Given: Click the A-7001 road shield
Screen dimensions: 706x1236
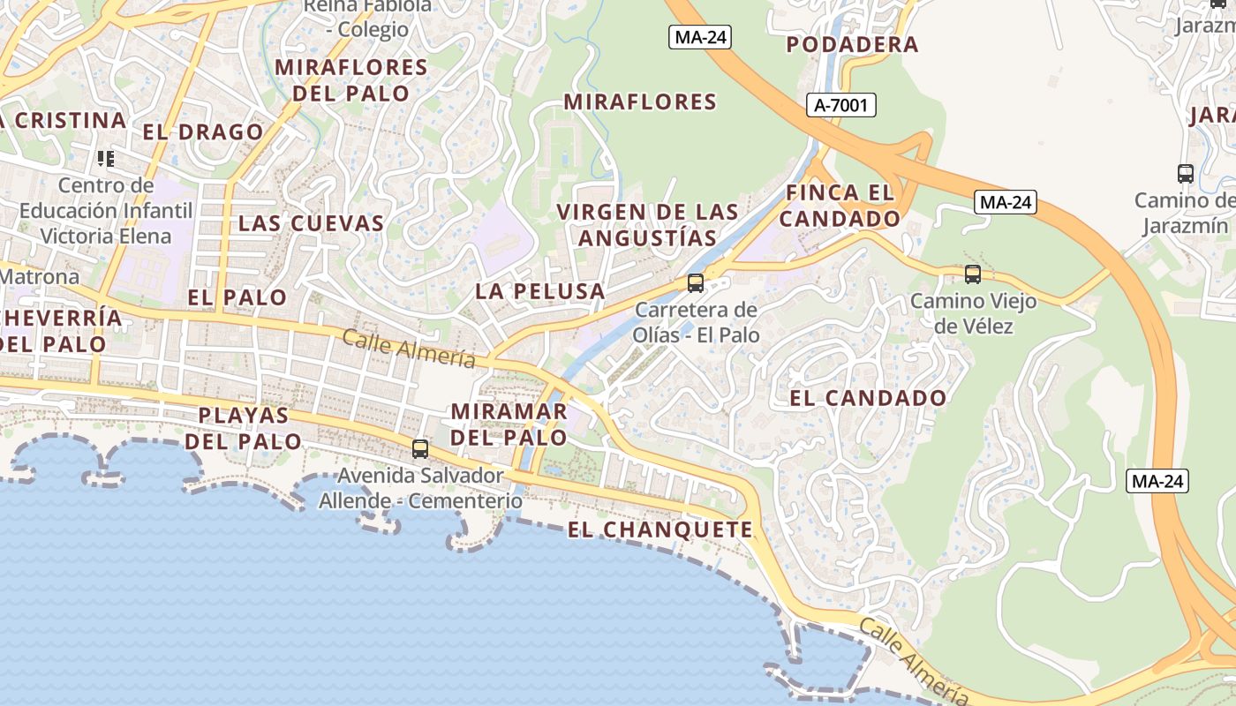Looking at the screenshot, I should (841, 106).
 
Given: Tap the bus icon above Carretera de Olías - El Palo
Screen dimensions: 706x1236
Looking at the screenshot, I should (696, 282).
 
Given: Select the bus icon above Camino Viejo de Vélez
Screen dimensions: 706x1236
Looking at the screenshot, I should (972, 274).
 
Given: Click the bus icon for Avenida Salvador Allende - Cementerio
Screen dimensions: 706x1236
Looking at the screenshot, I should (420, 448).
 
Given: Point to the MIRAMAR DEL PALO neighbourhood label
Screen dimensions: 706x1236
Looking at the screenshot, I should (509, 424).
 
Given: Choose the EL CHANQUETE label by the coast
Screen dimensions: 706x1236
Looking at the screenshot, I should (660, 529).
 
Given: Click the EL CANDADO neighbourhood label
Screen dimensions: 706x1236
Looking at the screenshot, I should (868, 398).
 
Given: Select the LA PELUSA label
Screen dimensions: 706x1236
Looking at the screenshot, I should (540, 291).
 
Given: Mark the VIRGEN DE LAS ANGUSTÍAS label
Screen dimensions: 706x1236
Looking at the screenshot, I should (648, 225).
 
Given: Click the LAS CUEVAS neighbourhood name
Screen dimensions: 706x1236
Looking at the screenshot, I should (312, 223).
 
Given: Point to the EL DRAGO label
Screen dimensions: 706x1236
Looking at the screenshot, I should (203, 132).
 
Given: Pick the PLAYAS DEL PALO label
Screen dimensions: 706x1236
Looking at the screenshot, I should (244, 428).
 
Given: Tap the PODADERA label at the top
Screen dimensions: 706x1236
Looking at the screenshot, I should (852, 44).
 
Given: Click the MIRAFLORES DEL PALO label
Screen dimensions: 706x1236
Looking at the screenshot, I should (351, 80).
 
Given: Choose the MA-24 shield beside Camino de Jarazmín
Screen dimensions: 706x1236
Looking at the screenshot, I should (1006, 202).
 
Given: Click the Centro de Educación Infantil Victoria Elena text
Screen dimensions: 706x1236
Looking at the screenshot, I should (105, 211).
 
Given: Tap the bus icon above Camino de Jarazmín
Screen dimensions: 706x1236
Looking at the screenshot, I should (1185, 173).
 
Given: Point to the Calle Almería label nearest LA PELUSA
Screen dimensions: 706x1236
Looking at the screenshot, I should (409, 349).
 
